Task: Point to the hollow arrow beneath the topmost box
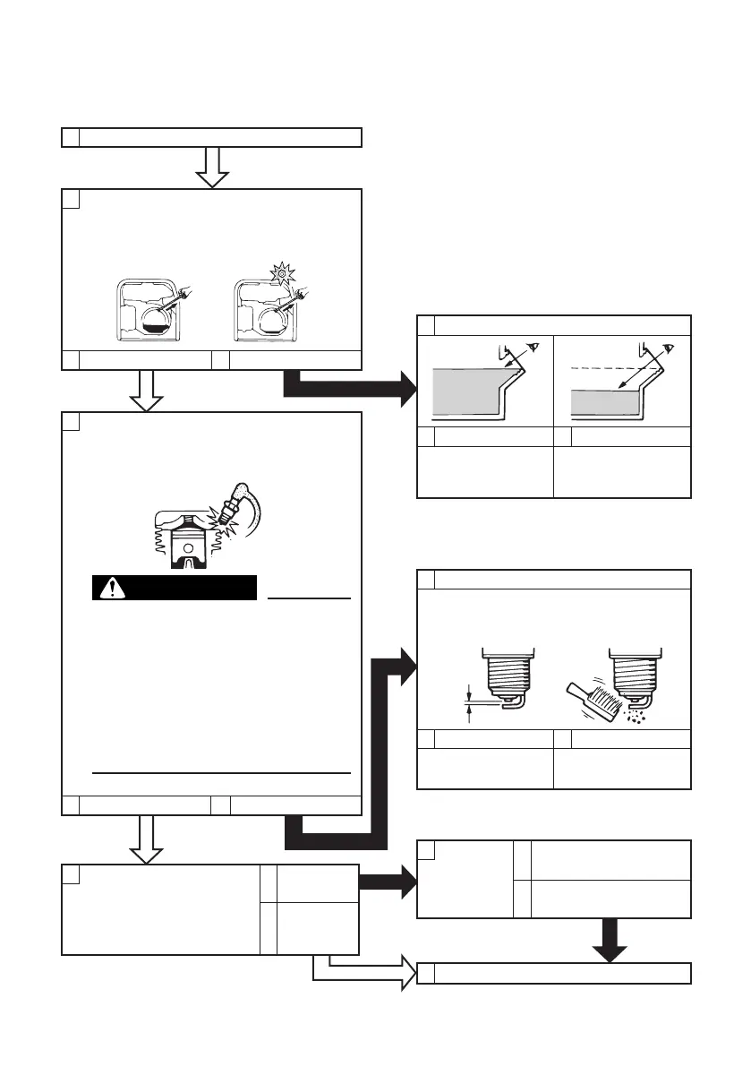coord(212,167)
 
